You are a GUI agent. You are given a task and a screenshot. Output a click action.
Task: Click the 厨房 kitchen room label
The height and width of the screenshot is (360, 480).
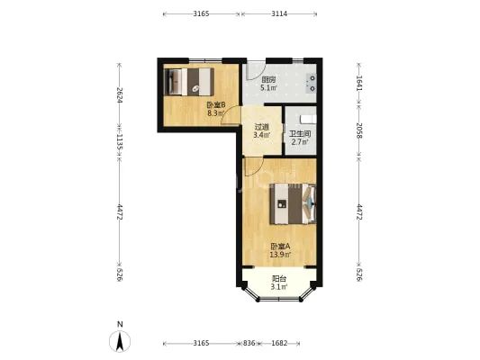coord(268,80)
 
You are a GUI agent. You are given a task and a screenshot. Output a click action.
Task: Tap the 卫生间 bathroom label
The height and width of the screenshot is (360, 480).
coord(301,134)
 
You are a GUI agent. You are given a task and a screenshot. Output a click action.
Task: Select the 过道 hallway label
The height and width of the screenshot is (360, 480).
coord(262,127)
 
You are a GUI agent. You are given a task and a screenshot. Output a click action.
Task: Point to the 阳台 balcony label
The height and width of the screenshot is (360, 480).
coord(279,279)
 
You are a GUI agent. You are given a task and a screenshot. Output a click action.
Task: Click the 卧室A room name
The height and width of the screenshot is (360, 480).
coord(280,247)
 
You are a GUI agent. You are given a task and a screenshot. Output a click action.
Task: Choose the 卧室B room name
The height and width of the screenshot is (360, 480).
coord(216,105)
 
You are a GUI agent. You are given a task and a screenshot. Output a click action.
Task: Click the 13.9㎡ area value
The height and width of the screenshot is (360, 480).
coord(280,254)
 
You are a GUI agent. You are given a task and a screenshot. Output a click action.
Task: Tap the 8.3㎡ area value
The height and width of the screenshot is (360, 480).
coord(216,113)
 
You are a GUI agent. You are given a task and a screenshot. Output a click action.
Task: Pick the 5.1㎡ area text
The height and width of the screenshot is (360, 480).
coord(268,88)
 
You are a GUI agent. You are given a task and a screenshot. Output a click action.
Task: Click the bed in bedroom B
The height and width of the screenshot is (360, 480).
coord(188,82)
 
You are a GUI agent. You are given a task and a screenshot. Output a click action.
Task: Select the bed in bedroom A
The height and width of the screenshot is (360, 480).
coord(293,203)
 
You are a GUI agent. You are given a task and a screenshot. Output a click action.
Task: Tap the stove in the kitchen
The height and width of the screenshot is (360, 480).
coord(311,84)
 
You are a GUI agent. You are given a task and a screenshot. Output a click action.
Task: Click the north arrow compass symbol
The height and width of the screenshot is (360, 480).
coord(120,341)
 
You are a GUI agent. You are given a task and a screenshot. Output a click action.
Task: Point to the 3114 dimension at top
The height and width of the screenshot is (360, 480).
coord(279,13)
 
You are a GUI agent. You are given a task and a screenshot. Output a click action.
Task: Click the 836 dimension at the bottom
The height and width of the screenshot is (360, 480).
coord(249,343)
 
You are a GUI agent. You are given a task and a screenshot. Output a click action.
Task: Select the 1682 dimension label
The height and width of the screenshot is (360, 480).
coord(279,343)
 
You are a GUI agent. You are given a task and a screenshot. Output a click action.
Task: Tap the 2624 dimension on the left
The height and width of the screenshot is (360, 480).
coord(120,94)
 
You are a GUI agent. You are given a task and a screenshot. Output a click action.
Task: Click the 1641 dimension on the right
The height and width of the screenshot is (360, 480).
coord(359,83)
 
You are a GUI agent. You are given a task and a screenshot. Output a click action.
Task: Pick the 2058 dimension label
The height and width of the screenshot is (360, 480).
coord(359,130)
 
